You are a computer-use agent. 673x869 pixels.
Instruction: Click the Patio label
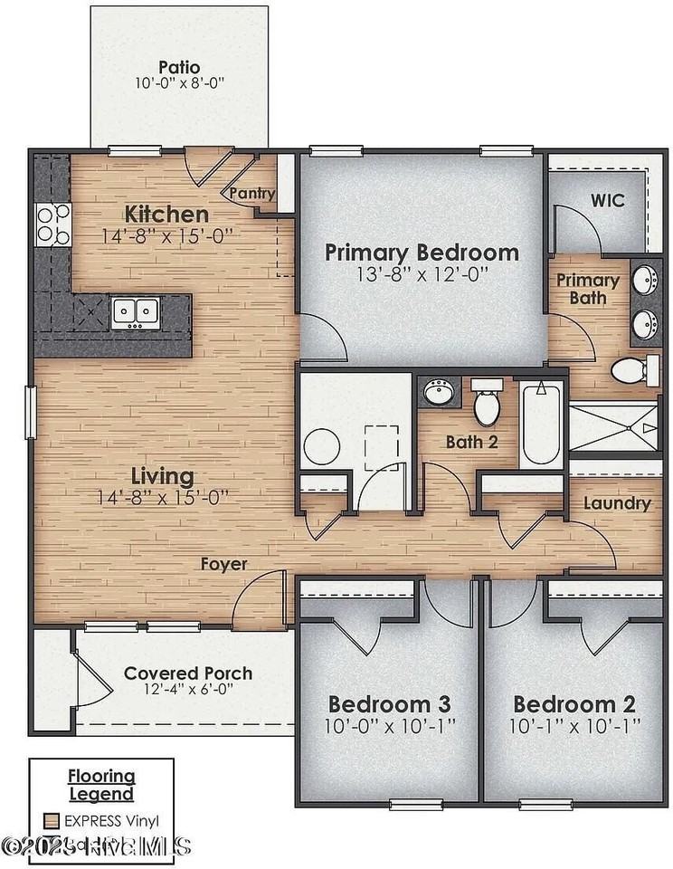click(178, 67)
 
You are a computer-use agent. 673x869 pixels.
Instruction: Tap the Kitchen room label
click(166, 215)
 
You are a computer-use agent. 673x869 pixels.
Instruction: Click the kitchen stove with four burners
click(52, 224)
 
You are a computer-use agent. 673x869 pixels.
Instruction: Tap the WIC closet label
click(607, 200)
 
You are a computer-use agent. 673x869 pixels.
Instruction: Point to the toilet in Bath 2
click(487, 404)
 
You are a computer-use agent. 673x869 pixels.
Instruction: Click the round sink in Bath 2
click(441, 394)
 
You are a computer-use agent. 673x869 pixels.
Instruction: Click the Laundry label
click(617, 503)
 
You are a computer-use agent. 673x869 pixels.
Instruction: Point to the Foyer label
click(224, 564)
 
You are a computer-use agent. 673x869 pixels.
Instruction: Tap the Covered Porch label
click(188, 673)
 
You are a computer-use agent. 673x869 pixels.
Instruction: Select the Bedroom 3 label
click(389, 704)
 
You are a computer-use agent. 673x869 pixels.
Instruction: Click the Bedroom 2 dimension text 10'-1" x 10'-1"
click(574, 725)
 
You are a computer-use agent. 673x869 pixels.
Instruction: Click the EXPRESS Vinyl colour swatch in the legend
click(52, 821)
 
